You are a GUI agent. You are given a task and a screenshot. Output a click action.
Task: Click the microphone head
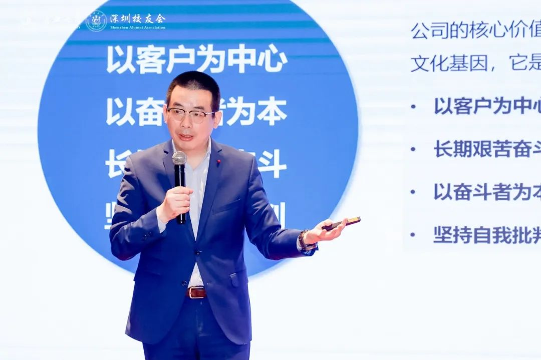(x=179, y=158)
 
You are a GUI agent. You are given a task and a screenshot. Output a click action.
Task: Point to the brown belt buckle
(x=196, y=292)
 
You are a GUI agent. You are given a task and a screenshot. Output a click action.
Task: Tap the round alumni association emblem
(x=96, y=21)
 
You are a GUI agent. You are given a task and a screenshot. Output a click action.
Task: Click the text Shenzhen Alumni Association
(x=137, y=28)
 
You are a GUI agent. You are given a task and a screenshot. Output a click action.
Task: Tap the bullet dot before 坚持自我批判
(x=412, y=234)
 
